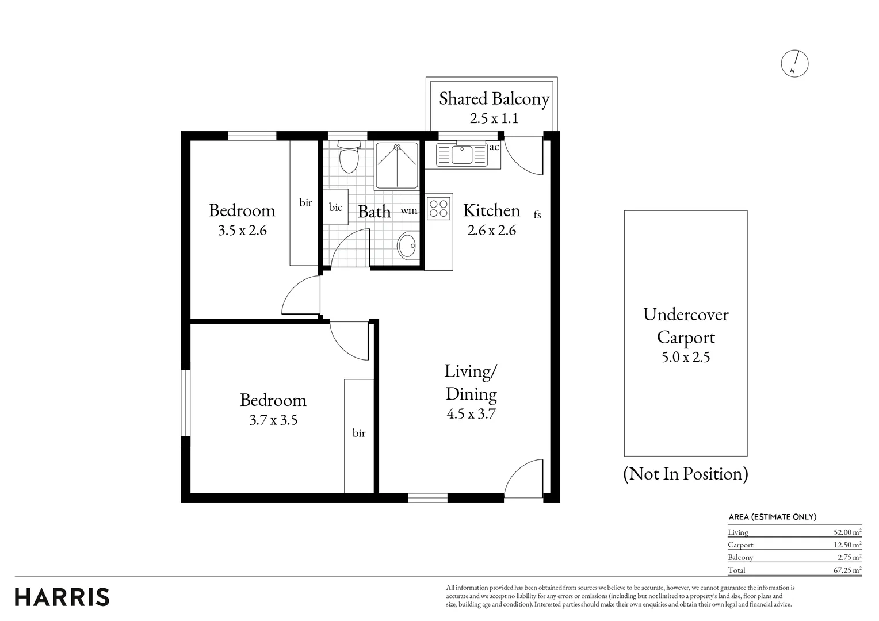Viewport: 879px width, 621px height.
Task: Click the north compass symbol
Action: click(x=794, y=64)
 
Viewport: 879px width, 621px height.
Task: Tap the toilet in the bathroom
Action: click(x=349, y=157)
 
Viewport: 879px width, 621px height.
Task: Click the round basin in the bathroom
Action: click(x=408, y=246)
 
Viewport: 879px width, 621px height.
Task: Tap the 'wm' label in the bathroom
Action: click(x=408, y=210)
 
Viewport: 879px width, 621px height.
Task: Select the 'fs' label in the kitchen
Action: click(x=537, y=214)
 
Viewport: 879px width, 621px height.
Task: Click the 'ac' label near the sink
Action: click(x=494, y=147)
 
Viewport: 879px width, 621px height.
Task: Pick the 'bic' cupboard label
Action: click(x=335, y=207)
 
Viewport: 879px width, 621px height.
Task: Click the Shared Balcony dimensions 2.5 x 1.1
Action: click(x=494, y=118)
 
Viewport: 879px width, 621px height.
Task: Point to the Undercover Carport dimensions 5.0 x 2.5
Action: click(x=686, y=358)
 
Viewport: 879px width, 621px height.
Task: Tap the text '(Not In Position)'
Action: click(x=686, y=474)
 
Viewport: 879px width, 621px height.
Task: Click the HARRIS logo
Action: click(x=62, y=597)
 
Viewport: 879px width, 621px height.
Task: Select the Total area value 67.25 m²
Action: click(x=847, y=570)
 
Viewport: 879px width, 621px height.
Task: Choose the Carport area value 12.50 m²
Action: click(x=847, y=545)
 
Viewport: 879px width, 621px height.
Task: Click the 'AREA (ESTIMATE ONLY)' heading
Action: click(x=773, y=517)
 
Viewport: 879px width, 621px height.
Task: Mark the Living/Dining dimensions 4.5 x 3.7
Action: click(x=471, y=414)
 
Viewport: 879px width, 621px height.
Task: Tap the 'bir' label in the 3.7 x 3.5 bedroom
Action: click(x=359, y=433)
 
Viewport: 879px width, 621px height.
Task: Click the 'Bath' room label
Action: click(x=374, y=212)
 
